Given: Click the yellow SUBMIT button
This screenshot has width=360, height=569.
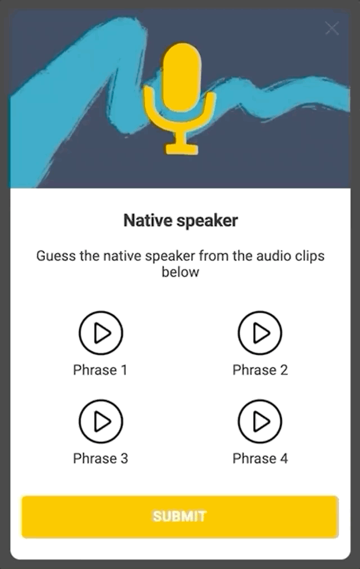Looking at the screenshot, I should [179, 516].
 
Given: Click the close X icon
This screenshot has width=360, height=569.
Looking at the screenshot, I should [332, 28].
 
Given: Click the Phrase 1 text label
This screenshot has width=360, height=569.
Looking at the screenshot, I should [100, 370].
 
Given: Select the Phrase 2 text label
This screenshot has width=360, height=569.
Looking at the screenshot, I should [260, 370].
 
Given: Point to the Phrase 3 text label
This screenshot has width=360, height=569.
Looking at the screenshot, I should [100, 458].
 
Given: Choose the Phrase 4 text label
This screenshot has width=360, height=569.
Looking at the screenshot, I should [260, 458].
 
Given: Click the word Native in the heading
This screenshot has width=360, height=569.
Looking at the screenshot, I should [148, 220].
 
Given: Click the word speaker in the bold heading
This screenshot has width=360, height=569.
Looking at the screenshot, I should [207, 220].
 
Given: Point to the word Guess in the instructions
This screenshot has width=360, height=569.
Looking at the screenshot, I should [52, 256].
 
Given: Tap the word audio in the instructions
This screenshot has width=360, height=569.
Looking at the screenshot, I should [273, 256].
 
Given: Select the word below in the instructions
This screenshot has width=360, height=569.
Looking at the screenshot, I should [180, 272].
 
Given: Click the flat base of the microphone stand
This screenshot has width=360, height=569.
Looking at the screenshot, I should [181, 150].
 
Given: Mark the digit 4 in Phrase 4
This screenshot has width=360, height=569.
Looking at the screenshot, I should [283, 458].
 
